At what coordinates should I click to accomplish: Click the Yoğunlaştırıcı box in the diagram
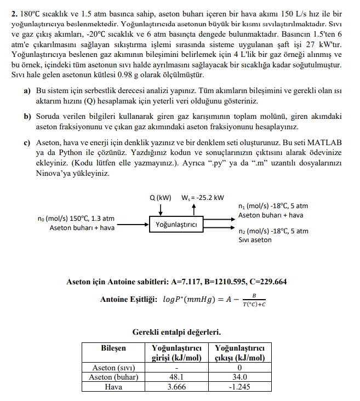(176, 225)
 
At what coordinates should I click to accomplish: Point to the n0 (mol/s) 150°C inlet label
(80, 218)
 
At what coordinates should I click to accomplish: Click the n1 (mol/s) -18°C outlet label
(273, 206)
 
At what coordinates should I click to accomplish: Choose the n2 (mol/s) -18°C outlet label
(273, 231)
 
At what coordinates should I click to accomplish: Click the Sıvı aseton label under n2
(255, 240)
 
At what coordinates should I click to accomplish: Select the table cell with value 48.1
(175, 377)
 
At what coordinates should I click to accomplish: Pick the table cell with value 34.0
(239, 377)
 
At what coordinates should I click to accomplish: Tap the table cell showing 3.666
(175, 386)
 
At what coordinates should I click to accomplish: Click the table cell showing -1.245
(239, 386)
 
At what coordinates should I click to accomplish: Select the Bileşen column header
(113, 348)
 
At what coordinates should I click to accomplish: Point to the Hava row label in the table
(113, 386)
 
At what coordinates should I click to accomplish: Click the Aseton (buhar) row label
(113, 377)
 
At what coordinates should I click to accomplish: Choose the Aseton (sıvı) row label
(113, 368)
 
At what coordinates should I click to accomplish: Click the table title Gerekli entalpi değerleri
(176, 332)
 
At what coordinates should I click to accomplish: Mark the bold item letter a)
(27, 90)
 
